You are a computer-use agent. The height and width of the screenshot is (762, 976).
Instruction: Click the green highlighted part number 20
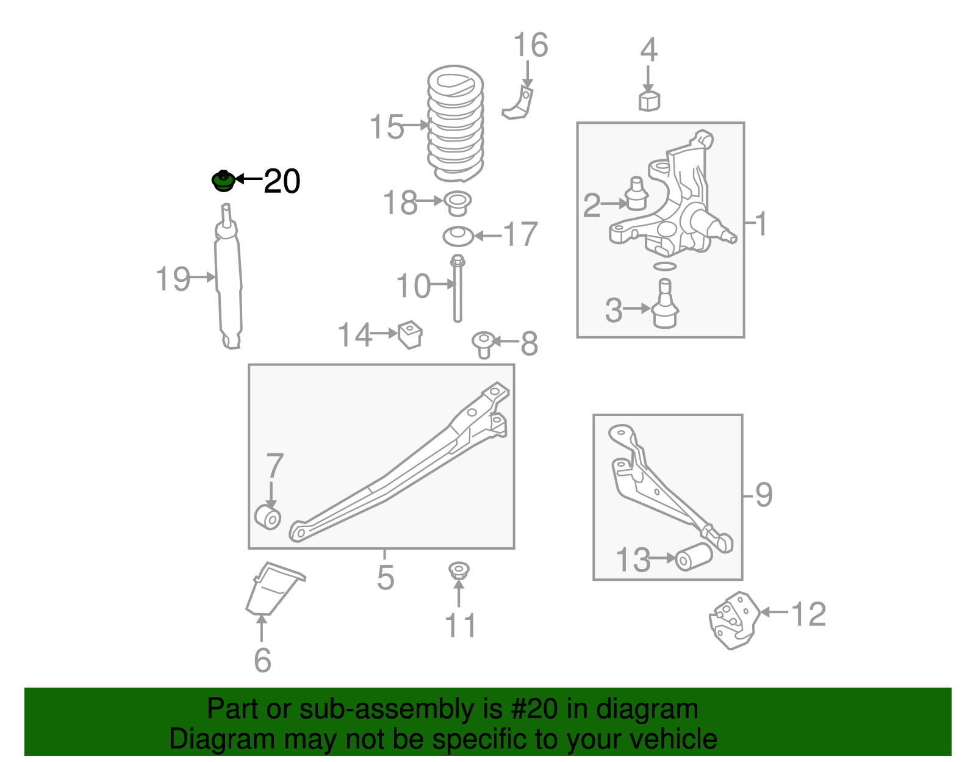click(x=223, y=181)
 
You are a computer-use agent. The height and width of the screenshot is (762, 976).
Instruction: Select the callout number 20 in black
click(x=282, y=182)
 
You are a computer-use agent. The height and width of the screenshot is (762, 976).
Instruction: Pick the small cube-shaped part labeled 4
click(x=649, y=101)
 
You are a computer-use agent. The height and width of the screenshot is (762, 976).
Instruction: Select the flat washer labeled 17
click(x=458, y=235)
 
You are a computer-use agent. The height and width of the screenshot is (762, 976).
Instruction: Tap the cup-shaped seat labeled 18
click(x=457, y=203)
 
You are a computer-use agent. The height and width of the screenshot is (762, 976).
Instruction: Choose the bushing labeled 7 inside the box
click(x=268, y=517)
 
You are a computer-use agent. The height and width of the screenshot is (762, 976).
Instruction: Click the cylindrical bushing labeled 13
click(x=694, y=556)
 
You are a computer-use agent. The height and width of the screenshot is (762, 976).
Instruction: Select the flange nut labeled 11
click(x=459, y=571)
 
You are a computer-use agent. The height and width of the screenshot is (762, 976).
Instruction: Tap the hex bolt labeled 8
click(x=484, y=343)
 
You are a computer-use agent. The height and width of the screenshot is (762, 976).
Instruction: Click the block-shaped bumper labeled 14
click(x=411, y=334)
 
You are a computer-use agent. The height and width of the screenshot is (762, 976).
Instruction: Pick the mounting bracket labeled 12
click(x=734, y=620)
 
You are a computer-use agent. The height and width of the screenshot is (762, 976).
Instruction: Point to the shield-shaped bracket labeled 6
click(x=272, y=588)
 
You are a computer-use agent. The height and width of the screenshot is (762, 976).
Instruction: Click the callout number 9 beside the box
click(x=764, y=494)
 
